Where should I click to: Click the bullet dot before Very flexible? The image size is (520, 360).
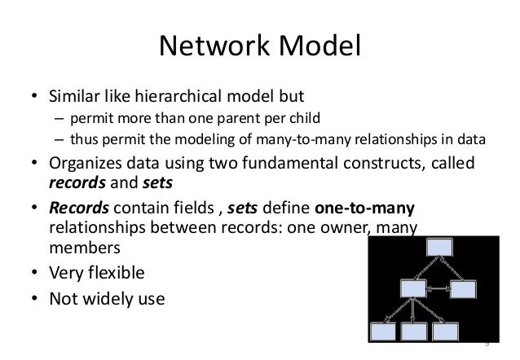pos(35,273)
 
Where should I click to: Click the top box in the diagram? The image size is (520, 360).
pos(438,247)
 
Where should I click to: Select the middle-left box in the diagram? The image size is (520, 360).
pos(412,289)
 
